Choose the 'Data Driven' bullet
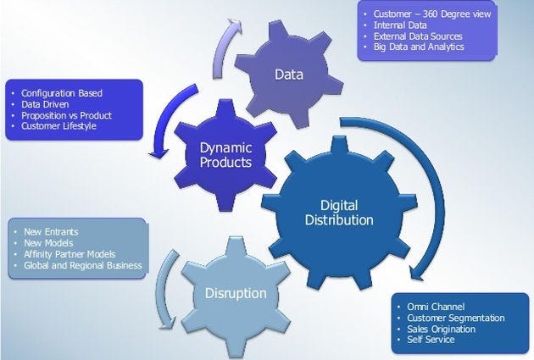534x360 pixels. [x=47, y=103]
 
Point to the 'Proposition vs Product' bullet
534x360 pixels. [x=69, y=114]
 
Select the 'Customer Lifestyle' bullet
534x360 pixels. [x=59, y=125]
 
